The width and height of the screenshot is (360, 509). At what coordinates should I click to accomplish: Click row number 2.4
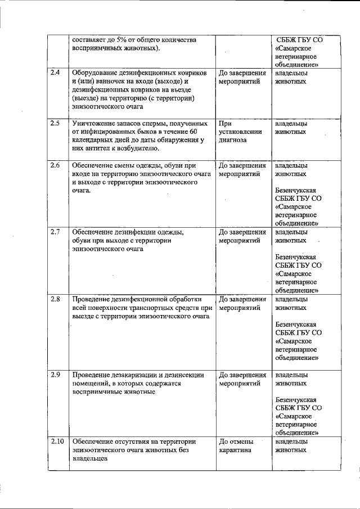[55, 74]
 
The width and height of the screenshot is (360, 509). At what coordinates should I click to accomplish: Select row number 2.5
[55, 123]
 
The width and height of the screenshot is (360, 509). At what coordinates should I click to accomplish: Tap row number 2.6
[55, 165]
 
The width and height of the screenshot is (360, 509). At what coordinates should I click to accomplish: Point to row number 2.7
[55, 232]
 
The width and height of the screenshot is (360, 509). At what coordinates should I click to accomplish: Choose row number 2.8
[55, 299]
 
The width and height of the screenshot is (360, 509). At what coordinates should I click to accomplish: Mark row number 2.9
[55, 374]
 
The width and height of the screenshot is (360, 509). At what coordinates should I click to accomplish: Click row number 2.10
[56, 441]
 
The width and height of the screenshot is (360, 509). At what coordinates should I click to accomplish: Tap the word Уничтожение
[93, 123]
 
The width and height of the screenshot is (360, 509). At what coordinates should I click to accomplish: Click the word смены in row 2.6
[130, 166]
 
